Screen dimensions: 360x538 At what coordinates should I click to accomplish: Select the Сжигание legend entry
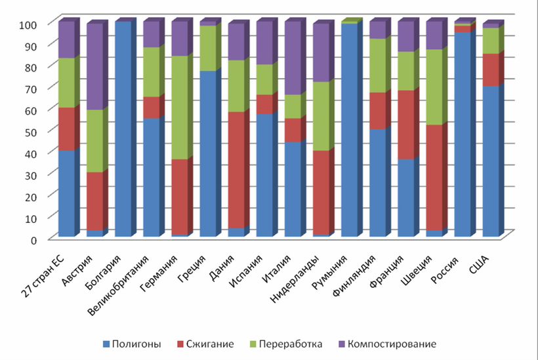click(206, 343)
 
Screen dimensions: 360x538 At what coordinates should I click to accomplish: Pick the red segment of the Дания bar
click(236, 170)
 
